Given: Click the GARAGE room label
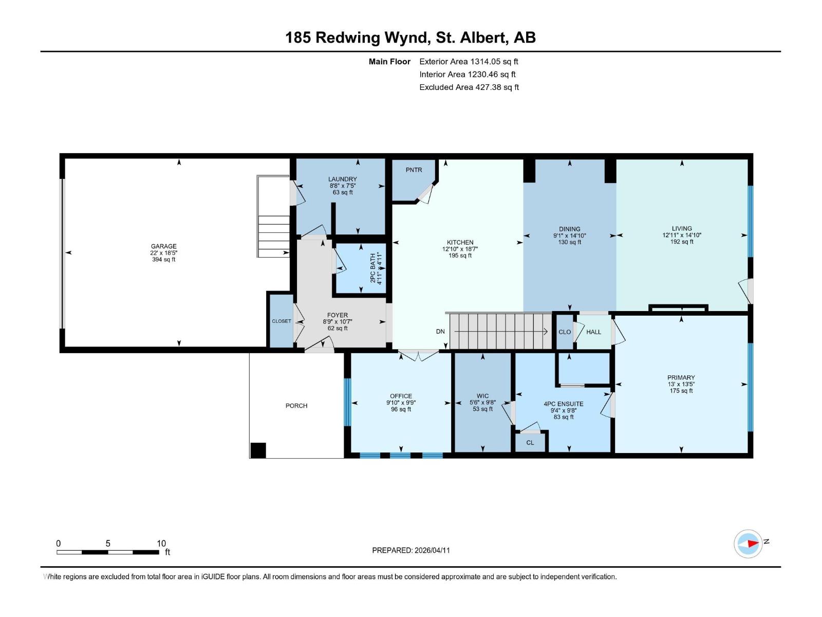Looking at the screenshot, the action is point(164,246).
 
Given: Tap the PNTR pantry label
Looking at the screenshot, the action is point(414,170).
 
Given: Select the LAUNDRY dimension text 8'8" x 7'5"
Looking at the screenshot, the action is point(343,186).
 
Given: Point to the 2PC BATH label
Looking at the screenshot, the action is point(372,268).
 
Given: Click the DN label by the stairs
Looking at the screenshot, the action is point(440,332).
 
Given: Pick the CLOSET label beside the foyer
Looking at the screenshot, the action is point(282,321).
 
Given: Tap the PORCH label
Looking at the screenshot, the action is point(296,406).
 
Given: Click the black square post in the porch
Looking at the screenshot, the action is point(258,450).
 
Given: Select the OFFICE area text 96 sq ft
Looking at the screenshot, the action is point(401,409).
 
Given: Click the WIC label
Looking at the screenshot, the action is point(483,396).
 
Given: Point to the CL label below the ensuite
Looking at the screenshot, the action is point(530,443).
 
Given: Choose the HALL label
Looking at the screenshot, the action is point(593,332).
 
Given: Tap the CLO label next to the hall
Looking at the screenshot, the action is point(565,332).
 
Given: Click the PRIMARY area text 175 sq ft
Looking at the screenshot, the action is point(681,391).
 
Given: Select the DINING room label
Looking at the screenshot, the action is point(570,229).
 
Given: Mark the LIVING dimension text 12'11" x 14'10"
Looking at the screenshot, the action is point(682,235).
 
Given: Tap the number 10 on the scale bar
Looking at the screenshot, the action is point(161,543).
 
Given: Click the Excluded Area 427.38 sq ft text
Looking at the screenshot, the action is point(469,87).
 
